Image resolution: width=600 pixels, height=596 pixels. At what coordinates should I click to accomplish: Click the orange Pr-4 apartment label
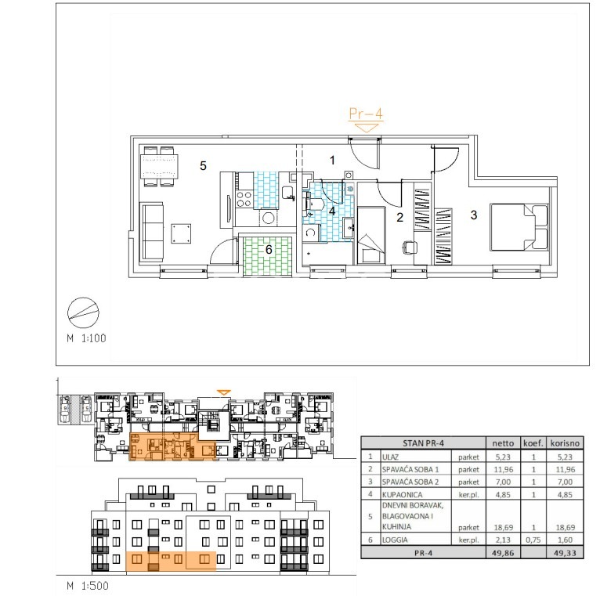click(x=366, y=114)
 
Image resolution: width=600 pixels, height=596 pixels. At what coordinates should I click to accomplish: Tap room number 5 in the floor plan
click(x=203, y=165)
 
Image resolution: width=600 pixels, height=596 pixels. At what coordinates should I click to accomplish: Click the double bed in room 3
click(x=519, y=227)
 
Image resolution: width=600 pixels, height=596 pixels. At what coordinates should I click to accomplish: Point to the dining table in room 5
click(x=159, y=166)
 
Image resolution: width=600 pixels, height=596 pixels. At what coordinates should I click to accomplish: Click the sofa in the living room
click(x=153, y=233)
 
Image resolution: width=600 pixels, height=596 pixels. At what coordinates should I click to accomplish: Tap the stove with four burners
click(x=244, y=199)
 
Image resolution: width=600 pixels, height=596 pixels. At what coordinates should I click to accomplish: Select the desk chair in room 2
click(x=410, y=247)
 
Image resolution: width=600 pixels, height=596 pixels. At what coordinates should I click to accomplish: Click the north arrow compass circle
click(x=83, y=312)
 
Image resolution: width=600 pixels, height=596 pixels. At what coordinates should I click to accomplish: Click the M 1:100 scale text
click(x=86, y=338)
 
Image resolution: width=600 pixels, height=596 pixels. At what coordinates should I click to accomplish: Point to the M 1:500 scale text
click(x=88, y=586)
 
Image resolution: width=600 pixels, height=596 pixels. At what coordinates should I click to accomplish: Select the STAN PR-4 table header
click(x=423, y=443)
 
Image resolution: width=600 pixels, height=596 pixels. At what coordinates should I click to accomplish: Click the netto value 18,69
click(x=503, y=527)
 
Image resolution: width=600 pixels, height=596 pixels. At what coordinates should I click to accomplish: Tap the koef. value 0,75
click(x=533, y=540)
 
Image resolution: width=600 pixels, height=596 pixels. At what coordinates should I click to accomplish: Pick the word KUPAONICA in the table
click(x=402, y=494)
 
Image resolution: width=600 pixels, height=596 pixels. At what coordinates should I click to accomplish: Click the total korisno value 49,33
click(x=565, y=553)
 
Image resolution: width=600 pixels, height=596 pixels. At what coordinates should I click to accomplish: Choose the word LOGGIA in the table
click(x=395, y=540)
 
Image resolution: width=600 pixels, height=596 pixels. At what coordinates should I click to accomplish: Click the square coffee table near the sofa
click(x=181, y=233)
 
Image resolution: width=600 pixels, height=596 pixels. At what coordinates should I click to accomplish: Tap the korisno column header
click(x=565, y=443)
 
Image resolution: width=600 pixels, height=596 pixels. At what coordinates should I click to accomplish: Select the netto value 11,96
click(x=503, y=469)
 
